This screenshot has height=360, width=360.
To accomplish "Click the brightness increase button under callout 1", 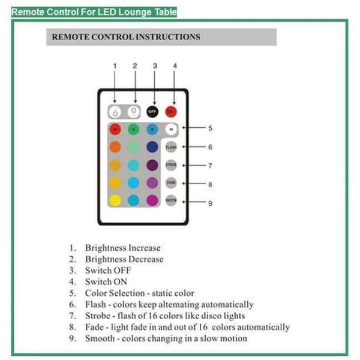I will point(115,112).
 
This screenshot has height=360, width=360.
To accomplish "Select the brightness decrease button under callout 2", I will point(134,112).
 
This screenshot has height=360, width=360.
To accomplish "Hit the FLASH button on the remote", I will point(171,147).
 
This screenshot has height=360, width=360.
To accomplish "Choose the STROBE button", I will point(171,165).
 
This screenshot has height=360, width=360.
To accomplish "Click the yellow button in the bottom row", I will point(115,200).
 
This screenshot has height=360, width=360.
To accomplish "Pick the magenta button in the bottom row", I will point(152,200).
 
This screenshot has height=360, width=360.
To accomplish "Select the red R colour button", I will point(115,129).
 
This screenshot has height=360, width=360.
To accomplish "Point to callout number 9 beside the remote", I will point(210,203).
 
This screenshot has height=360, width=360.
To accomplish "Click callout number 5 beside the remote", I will point(210,128).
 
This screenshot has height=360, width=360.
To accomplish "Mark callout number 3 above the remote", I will point(155,65).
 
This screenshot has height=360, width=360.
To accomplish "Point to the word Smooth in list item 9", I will point(100,338).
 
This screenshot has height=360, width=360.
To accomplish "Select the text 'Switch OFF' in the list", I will point(108,270).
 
